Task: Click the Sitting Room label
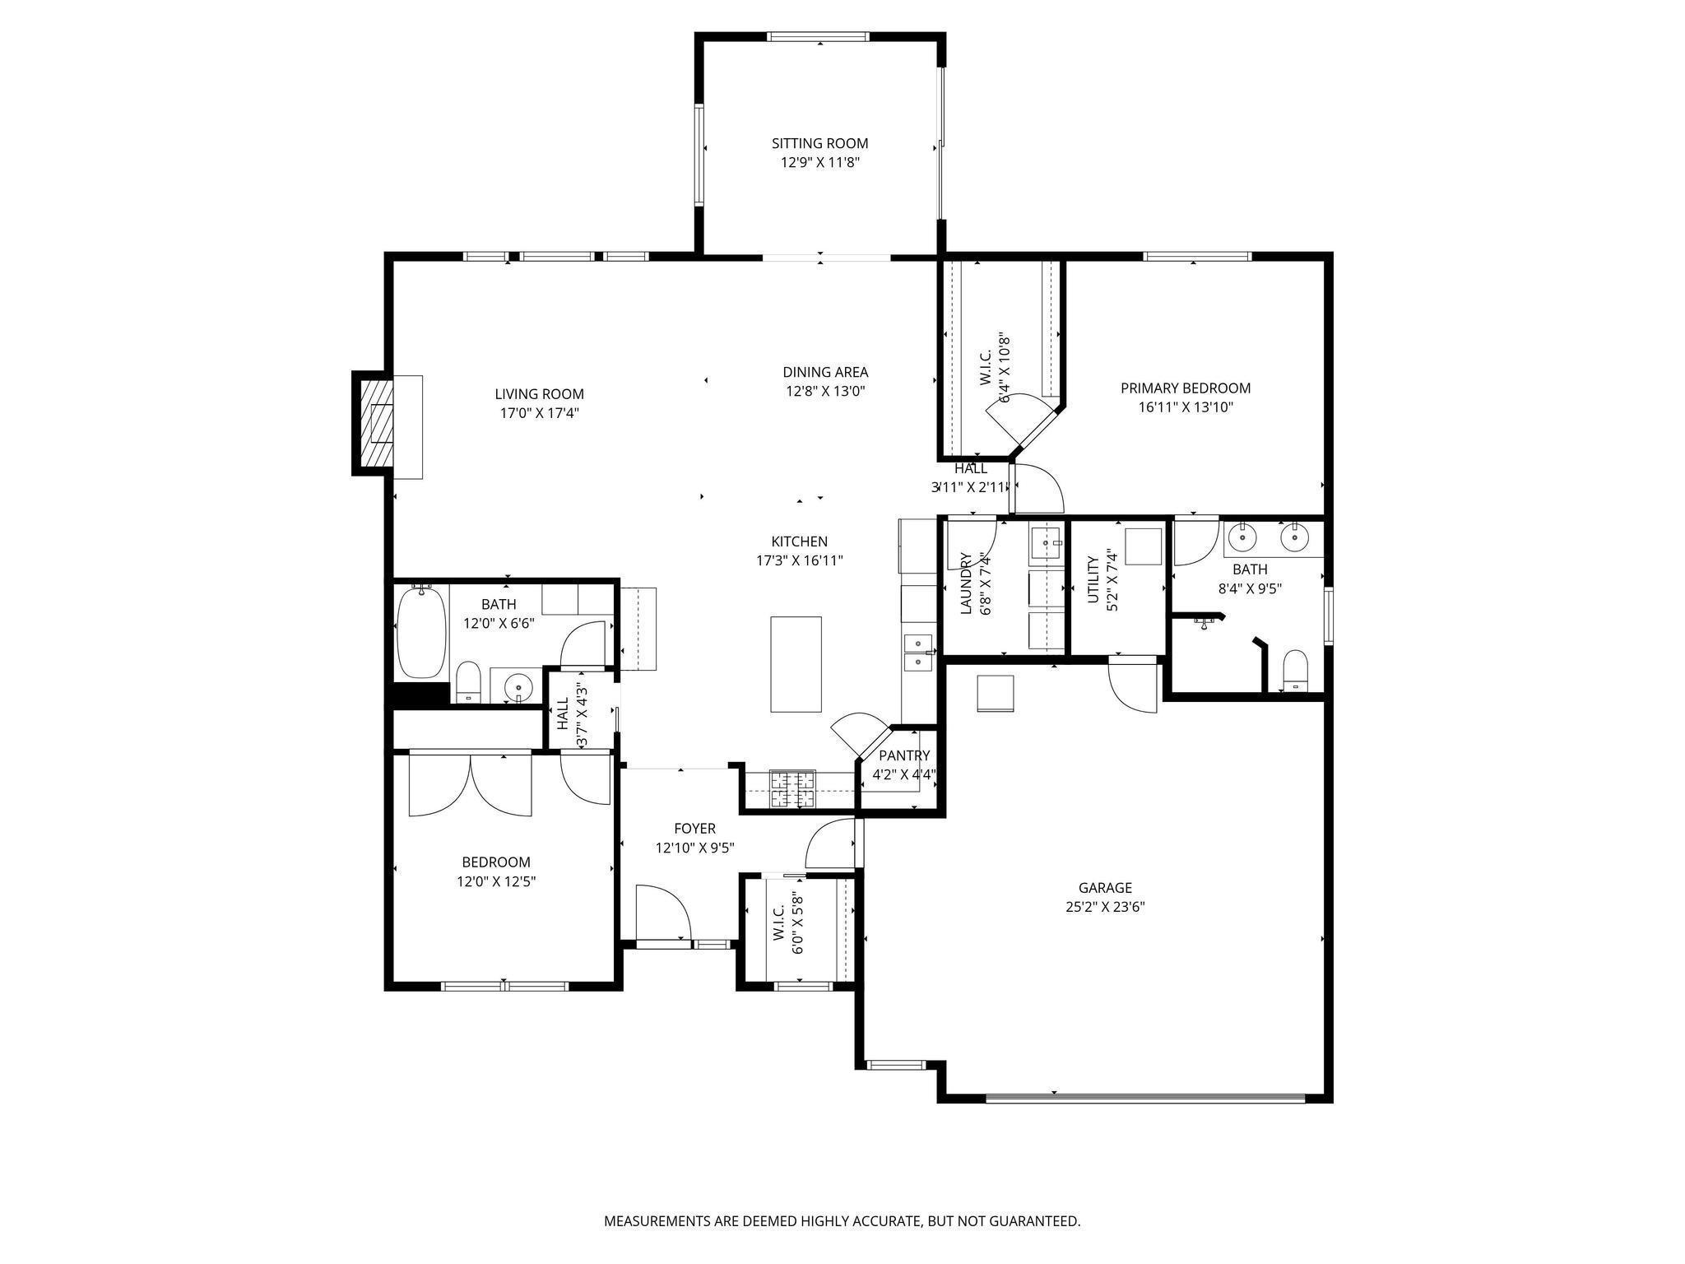(x=819, y=143)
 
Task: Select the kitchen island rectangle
(x=796, y=664)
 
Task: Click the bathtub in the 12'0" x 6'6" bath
(x=421, y=631)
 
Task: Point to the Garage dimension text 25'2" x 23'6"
(x=1105, y=908)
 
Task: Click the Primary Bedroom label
(x=1186, y=388)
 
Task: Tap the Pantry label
(x=904, y=755)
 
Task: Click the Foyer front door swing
(x=662, y=912)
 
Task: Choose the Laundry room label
(x=966, y=583)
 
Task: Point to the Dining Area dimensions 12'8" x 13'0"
(x=825, y=392)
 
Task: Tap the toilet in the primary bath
(x=1295, y=670)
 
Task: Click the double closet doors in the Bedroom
(x=470, y=783)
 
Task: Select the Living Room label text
(x=539, y=394)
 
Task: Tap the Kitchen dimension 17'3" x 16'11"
(x=799, y=561)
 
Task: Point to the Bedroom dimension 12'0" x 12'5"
(x=495, y=882)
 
